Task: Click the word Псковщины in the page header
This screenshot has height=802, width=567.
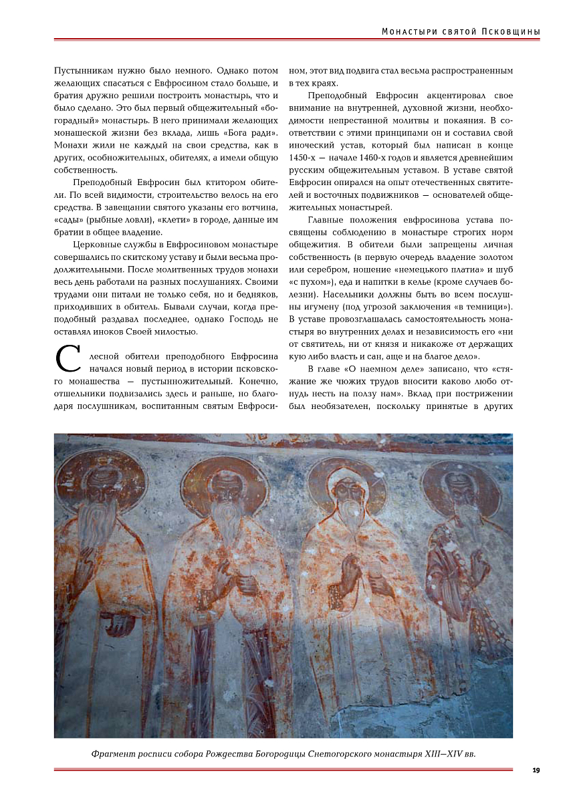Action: (x=510, y=31)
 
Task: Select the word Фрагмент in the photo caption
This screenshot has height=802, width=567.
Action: (x=115, y=754)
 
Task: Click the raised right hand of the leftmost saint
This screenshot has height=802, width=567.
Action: (x=86, y=558)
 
